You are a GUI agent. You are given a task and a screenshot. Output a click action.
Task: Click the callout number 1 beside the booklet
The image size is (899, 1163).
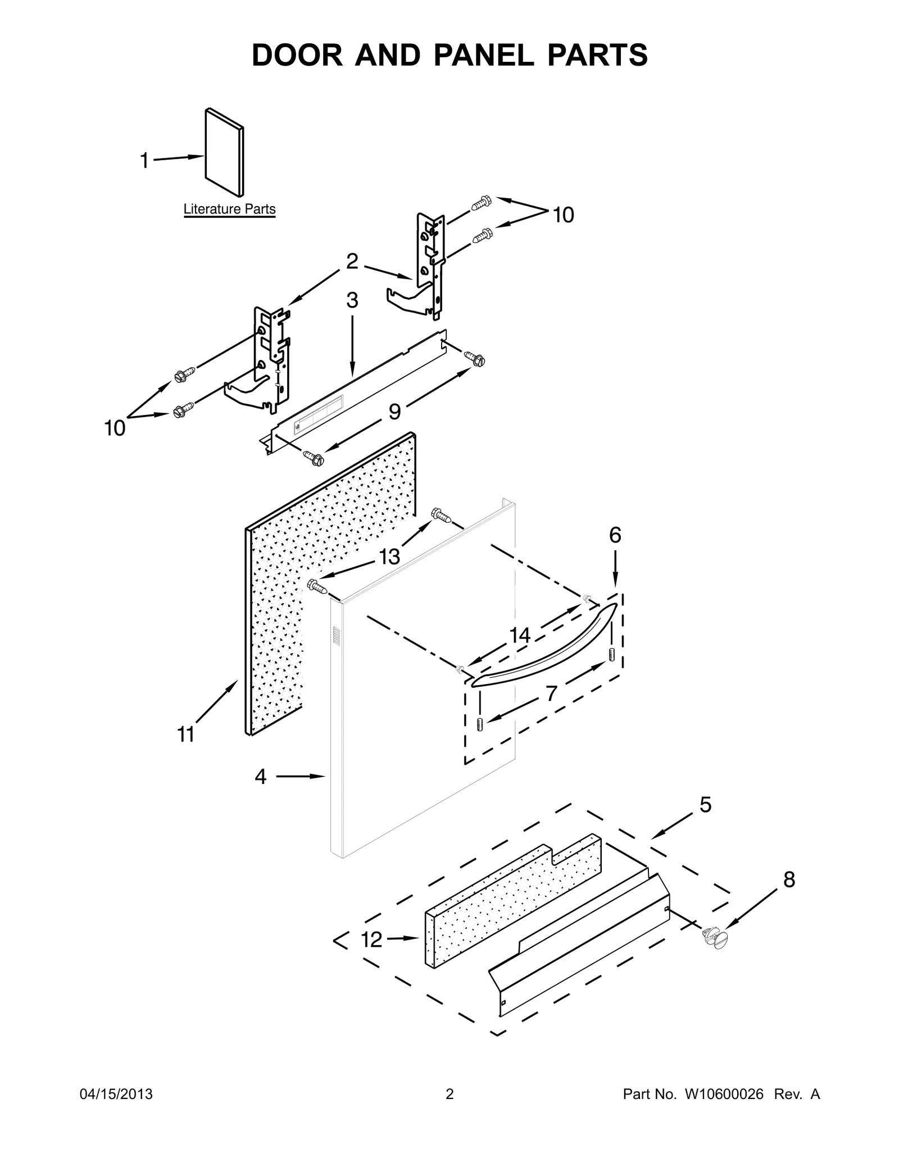[144, 161]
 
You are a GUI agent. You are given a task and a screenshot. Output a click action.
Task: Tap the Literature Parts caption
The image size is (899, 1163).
[229, 209]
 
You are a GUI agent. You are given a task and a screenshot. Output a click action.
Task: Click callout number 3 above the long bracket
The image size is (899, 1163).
[352, 301]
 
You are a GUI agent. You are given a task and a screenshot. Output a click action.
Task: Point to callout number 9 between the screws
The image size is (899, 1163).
[395, 412]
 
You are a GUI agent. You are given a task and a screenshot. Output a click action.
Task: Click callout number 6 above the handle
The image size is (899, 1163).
[615, 536]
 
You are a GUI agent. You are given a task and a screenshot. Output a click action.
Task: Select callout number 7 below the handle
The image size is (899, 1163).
[552, 694]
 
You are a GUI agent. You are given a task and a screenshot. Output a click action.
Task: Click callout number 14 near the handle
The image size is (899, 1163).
[520, 636]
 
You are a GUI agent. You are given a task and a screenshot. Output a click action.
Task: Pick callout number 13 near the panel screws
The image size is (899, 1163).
[389, 557]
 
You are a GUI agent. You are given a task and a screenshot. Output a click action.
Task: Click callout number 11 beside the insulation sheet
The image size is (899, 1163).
[186, 735]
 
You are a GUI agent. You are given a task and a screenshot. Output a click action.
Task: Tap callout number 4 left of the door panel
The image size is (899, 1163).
[260, 777]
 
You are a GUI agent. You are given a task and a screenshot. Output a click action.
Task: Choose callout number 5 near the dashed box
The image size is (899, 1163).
[705, 805]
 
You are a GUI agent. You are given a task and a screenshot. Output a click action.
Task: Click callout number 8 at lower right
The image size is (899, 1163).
[789, 880]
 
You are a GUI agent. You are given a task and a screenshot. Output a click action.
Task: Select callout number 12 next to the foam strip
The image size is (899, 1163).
[371, 939]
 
